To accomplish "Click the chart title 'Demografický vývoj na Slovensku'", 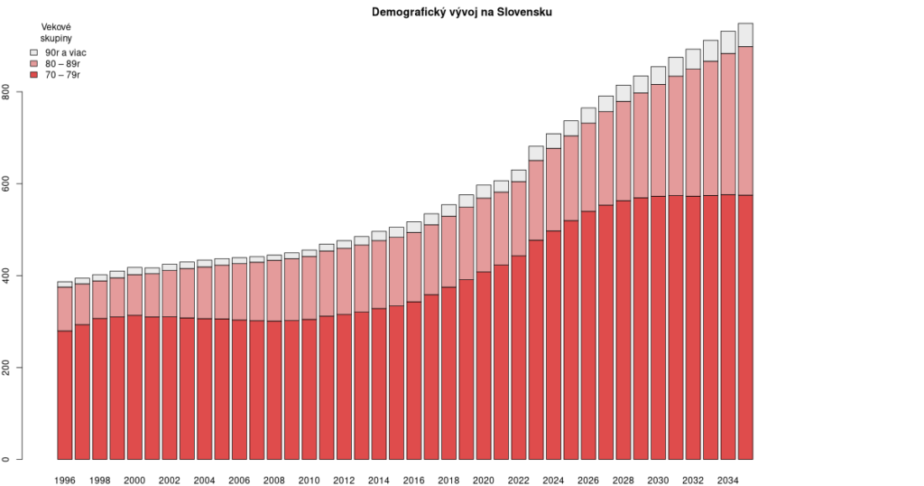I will [461, 12].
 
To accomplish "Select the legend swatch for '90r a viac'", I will [34, 52].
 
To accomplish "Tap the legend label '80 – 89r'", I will [62, 63].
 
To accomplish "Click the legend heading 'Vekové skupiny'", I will [56, 33].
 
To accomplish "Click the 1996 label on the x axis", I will [64, 481].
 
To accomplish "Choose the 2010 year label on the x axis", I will [309, 481].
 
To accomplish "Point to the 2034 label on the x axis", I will [727, 481].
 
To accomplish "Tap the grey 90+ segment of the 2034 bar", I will [727, 42].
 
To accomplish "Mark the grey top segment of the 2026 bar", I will [588, 116].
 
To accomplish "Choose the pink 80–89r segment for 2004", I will [204, 293].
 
